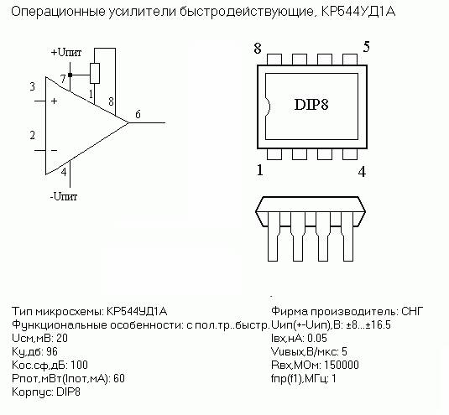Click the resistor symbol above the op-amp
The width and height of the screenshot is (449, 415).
click(95, 73)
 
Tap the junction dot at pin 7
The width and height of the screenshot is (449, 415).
click(70, 75)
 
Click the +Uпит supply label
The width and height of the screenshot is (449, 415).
click(66, 52)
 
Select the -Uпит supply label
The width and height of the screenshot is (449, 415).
click(64, 196)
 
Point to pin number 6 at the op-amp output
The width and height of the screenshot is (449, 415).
click(138, 114)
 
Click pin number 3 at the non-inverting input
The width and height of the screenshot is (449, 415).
click(33, 86)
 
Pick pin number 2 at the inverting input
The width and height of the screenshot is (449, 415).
click(33, 135)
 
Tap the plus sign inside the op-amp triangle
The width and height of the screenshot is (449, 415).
click(54, 101)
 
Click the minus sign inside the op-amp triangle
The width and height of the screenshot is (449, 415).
click(54, 150)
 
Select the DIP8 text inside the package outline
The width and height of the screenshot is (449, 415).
click(311, 105)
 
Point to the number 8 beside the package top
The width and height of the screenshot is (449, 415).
click(258, 49)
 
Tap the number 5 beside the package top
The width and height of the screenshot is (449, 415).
click(366, 47)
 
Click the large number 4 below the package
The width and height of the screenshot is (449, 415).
click(362, 172)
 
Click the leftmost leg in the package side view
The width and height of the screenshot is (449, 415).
click(274, 236)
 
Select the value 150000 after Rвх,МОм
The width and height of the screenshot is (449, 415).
click(342, 365)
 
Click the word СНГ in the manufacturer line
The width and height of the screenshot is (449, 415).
click(412, 311)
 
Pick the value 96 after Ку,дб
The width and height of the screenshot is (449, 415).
click(52, 351)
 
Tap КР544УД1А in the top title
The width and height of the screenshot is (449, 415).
click(358, 12)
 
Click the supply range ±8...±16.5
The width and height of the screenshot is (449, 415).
click(368, 325)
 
